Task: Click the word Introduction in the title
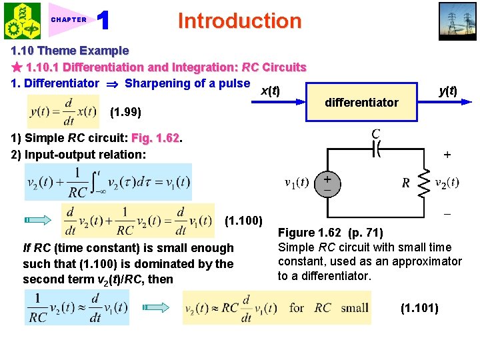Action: click(239, 21)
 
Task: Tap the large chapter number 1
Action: click(103, 21)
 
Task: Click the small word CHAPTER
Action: click(69, 20)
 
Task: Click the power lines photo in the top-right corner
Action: click(457, 20)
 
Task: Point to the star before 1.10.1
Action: click(17, 67)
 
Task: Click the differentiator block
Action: click(361, 103)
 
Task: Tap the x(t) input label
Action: click(269, 91)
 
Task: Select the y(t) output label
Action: click(447, 90)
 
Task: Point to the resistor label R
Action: click(405, 183)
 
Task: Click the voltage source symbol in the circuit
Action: click(327, 183)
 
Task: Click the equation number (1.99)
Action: click(125, 112)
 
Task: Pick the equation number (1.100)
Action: click(245, 220)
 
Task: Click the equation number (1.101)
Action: click(419, 308)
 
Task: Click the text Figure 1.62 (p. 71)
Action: click(330, 233)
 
